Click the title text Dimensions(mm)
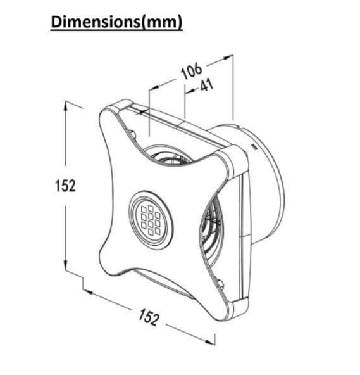pyautogui.click(x=116, y=22)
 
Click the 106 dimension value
pyautogui.click(x=191, y=70)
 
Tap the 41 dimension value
pyautogui.click(x=207, y=85)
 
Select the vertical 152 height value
pyautogui.click(x=65, y=186)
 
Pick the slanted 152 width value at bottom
pyautogui.click(x=149, y=317)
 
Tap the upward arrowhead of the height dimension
pyautogui.click(x=65, y=106)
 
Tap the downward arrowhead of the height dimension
pyautogui.click(x=65, y=265)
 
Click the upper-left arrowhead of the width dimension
pyautogui.click(x=88, y=292)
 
